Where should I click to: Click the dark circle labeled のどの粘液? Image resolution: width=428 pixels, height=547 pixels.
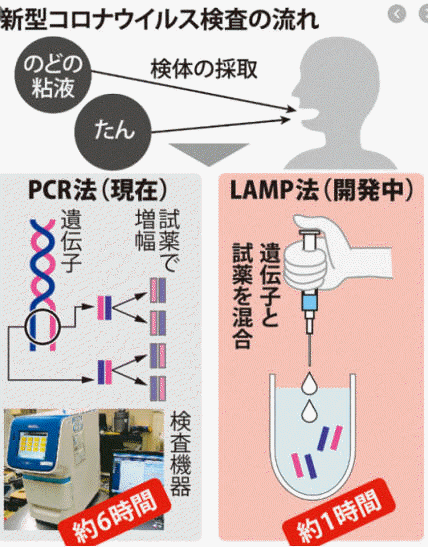pos(53,78)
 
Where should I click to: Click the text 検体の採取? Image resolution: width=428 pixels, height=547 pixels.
pos(204,70)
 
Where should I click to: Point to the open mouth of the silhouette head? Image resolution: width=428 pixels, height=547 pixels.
pos(307,116)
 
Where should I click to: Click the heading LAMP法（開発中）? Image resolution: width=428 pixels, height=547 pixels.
pos(322,191)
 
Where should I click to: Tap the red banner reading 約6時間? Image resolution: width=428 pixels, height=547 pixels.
pos(115,514)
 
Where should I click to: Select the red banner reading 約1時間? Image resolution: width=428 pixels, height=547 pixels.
pos(339,515)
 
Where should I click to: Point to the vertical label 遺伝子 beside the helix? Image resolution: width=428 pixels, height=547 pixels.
pos(72,241)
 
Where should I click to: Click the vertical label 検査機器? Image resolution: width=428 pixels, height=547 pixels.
pos(180,454)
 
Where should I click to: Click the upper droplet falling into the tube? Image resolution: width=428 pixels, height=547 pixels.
pos(309,383)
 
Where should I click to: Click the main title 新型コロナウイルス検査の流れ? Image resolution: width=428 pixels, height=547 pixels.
pos(160,20)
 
